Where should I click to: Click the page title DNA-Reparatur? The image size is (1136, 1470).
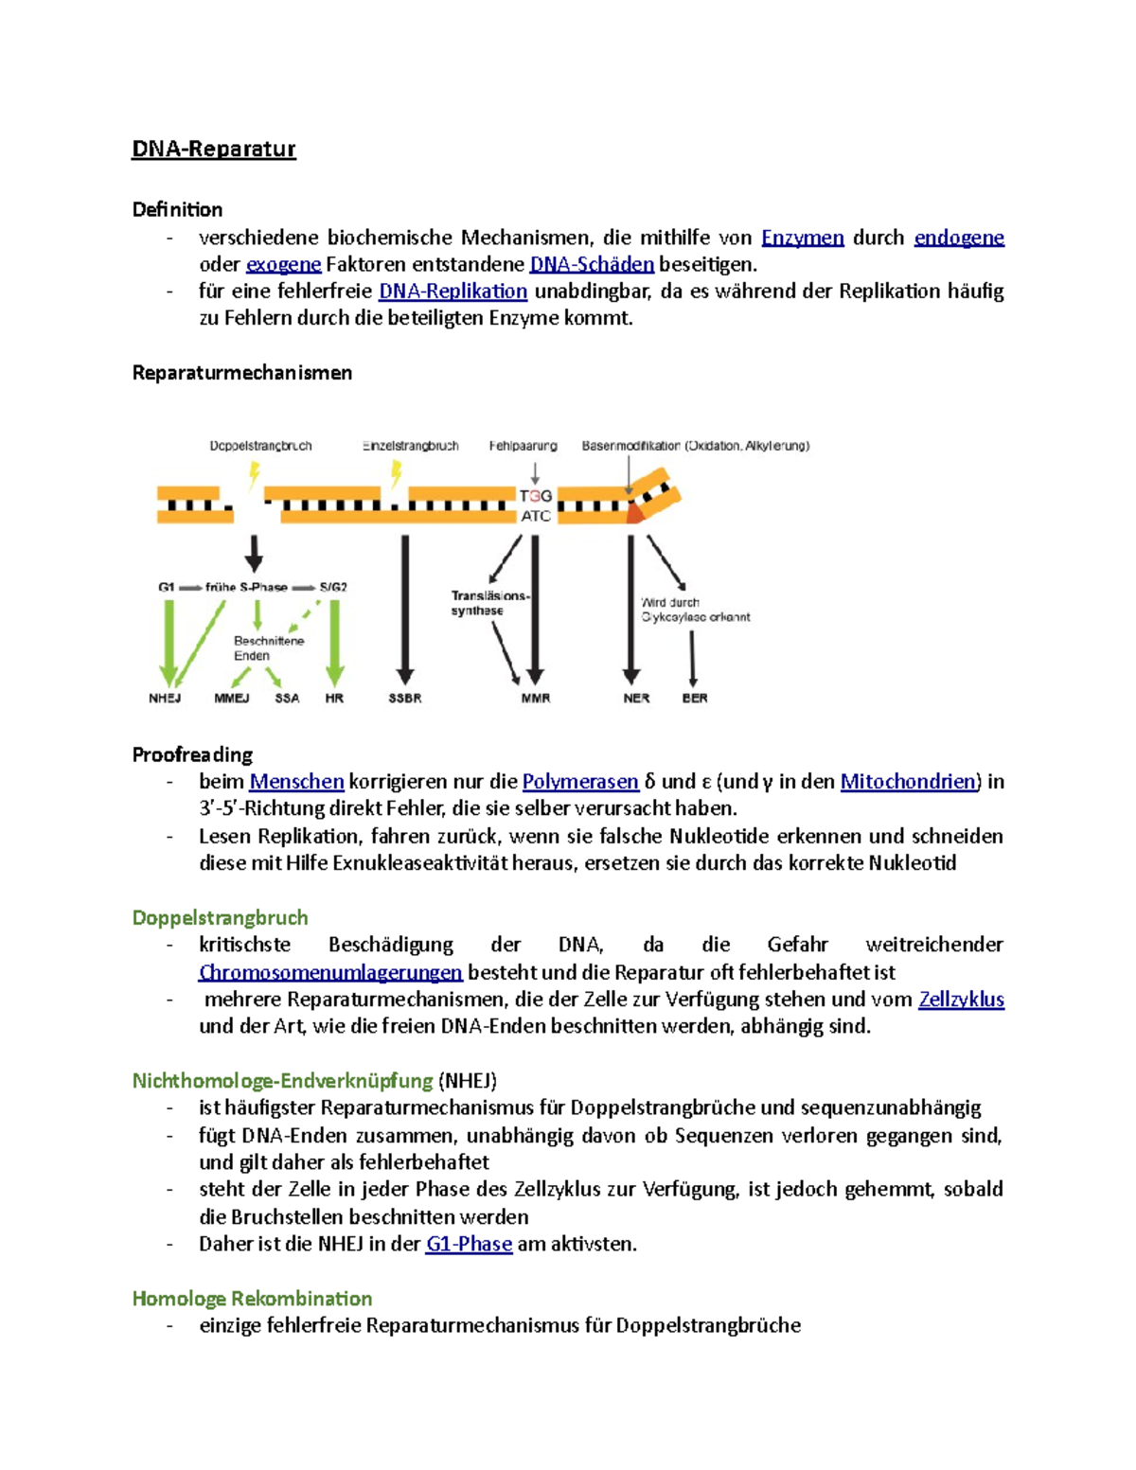click(x=214, y=149)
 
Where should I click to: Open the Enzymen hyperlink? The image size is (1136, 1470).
click(x=802, y=238)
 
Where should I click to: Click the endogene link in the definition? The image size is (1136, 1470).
click(x=958, y=238)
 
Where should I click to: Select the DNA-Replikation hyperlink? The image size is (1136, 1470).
click(x=453, y=292)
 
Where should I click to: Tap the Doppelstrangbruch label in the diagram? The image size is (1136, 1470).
click(x=260, y=446)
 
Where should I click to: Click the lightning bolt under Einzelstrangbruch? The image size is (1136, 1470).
click(x=397, y=473)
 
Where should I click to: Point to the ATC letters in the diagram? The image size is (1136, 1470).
click(x=536, y=516)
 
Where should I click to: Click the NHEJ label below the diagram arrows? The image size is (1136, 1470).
click(x=165, y=699)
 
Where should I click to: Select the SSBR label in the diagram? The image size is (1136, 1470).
click(x=405, y=699)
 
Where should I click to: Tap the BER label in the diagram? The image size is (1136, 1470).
click(x=695, y=699)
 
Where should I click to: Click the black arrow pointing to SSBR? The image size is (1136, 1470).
click(x=405, y=606)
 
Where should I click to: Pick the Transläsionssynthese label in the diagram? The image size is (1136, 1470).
click(x=489, y=603)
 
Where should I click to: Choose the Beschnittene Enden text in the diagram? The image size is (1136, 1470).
click(x=269, y=648)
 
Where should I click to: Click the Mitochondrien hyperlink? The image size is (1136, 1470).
click(x=908, y=782)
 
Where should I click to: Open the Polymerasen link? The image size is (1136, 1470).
click(x=580, y=782)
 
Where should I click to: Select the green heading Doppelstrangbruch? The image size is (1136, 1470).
click(x=220, y=918)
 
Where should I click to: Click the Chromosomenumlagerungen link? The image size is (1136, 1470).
click(x=330, y=973)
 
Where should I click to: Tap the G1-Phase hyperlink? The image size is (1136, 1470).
click(x=469, y=1245)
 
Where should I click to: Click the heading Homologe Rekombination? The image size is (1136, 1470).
click(x=252, y=1299)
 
